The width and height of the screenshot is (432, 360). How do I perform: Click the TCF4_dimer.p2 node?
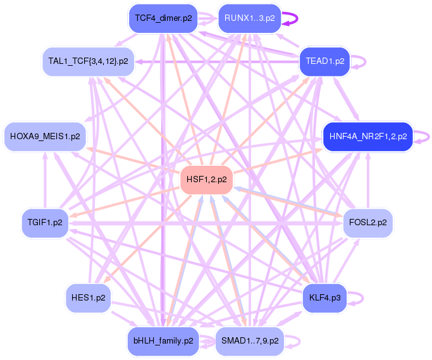(x=163, y=18)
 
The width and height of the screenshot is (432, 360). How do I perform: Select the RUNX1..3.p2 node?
(x=249, y=18)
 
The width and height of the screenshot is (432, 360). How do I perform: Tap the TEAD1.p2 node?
(x=324, y=61)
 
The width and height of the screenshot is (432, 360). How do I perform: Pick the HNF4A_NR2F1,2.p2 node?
(x=367, y=136)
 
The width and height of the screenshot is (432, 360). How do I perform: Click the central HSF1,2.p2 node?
(x=207, y=180)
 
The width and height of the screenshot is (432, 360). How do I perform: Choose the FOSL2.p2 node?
(x=368, y=223)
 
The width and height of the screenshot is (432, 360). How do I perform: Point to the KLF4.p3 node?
(x=325, y=297)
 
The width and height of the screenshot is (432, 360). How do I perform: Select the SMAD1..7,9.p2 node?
(x=250, y=341)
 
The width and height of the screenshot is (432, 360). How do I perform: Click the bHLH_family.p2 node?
(x=163, y=341)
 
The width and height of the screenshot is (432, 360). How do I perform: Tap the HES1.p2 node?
(x=88, y=297)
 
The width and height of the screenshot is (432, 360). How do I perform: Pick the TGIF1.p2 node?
(x=45, y=223)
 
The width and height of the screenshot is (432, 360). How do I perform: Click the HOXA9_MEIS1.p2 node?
(x=45, y=136)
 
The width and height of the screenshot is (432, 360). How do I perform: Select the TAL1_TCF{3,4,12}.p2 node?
(x=88, y=61)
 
